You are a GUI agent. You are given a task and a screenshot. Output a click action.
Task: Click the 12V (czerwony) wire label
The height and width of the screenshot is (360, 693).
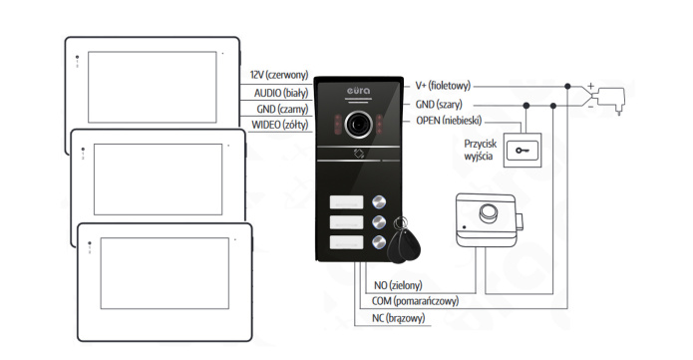point(279,75)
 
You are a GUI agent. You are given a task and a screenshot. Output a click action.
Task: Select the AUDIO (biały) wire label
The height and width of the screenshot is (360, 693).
point(281,93)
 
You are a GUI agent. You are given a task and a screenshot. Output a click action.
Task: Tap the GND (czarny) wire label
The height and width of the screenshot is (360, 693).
point(282,109)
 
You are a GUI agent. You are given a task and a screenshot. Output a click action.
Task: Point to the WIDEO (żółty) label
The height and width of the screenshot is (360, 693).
point(280,125)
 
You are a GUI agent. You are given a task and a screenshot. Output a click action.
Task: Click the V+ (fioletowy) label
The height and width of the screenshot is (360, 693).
point(443,86)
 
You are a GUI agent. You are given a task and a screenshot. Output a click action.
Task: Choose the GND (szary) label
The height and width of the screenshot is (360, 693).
point(439,105)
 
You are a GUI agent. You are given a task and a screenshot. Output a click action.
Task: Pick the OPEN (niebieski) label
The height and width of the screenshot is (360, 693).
point(449,121)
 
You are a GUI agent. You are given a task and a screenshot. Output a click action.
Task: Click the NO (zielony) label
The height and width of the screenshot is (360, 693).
point(398,285)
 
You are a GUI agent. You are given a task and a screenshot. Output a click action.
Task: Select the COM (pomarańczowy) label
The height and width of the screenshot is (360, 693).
point(415,301)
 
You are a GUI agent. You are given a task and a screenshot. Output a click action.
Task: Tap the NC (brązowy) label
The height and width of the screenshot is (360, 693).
point(398,318)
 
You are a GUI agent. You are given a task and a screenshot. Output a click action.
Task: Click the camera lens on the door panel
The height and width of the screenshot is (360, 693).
point(358,125)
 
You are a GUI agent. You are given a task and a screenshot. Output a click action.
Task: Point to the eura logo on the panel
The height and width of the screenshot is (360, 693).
point(358,91)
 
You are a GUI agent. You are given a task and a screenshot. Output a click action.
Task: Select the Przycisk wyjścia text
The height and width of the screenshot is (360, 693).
point(480,150)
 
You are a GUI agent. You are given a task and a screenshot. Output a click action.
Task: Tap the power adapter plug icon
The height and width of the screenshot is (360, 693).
point(611,100)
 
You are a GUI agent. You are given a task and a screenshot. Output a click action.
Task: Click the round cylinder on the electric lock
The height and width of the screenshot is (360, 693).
point(489,211)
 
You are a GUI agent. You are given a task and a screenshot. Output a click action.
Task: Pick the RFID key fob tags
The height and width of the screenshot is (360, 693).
point(403,240)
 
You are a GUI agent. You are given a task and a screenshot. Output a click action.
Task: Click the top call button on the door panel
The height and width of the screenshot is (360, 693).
point(379,202)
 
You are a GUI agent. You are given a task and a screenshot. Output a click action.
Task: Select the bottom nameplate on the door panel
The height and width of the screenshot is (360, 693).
point(347,242)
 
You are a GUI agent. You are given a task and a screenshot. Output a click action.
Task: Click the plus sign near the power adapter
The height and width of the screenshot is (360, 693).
point(591,86)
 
